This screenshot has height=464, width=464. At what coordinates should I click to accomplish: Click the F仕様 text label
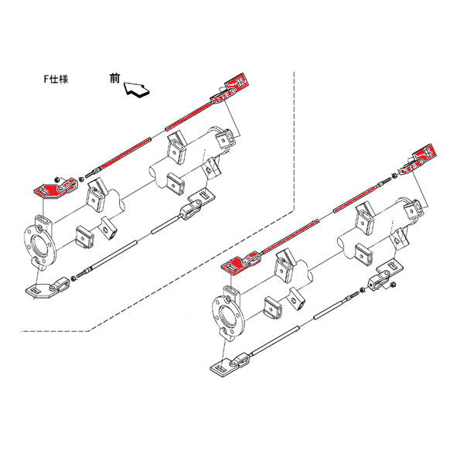tap(56, 79)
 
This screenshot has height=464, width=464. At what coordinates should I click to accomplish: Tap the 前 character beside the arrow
tap(115, 78)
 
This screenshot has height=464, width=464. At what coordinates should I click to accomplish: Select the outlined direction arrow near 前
tap(136, 90)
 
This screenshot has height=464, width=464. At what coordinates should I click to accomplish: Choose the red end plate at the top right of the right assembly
tap(425, 154)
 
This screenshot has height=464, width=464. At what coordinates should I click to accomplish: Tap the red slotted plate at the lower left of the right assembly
tap(234, 265)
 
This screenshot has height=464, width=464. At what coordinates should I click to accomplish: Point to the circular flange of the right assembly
tap(228, 316)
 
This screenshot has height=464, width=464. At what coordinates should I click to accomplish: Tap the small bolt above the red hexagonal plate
tap(57, 179)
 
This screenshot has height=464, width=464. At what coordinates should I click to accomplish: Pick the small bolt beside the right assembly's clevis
tap(394, 285)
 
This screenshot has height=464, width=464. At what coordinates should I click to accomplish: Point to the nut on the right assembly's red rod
tap(394, 176)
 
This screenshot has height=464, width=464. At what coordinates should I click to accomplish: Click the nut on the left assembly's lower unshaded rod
tap(73, 278)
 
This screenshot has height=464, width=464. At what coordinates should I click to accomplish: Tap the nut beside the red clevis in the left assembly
tap(80, 179)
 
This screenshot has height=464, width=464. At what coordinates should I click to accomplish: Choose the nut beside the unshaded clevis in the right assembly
tap(361, 289)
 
